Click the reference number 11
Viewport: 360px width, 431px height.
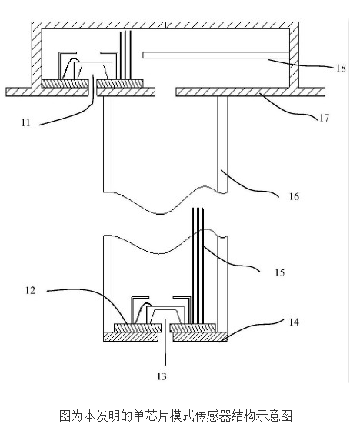(25, 122)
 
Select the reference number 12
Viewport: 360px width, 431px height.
(31, 290)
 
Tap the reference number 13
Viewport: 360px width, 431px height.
(162, 376)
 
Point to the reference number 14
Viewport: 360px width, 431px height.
(294, 322)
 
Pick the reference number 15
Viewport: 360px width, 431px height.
(280, 272)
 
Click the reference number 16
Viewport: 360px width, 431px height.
(294, 196)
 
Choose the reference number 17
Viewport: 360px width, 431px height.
(324, 118)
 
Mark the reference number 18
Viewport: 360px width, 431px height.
(341, 68)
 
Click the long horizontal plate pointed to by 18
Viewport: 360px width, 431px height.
(216, 55)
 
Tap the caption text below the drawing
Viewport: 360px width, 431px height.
(176, 416)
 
